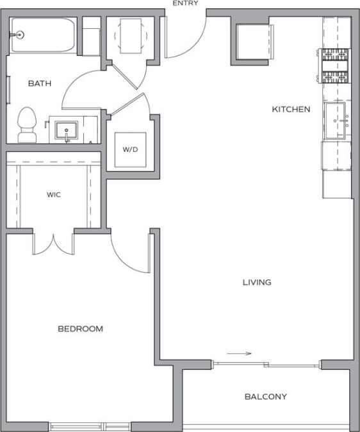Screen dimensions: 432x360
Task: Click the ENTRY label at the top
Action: [x=185, y=3]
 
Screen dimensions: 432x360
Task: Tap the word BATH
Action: [x=39, y=83]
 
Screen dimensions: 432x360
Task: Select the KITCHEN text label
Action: [x=291, y=110]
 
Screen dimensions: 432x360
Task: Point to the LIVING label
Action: [x=256, y=282]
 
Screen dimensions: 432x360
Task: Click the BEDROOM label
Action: [x=80, y=329]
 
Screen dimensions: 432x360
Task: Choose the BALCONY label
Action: [x=265, y=397]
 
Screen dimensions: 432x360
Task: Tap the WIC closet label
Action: [x=54, y=194]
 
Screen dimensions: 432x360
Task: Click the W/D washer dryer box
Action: [x=130, y=149]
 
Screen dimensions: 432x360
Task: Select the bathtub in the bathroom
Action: [x=44, y=35]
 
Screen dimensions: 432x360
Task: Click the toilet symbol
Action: [x=27, y=124]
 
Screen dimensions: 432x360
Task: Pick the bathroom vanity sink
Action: [x=67, y=131]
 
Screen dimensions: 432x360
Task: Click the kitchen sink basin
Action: [x=336, y=120]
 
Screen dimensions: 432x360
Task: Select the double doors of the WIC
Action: [x=53, y=242]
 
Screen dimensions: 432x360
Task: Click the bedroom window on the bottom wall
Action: [x=90, y=426]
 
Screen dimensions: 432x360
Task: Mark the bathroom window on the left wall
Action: [x=8, y=89]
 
